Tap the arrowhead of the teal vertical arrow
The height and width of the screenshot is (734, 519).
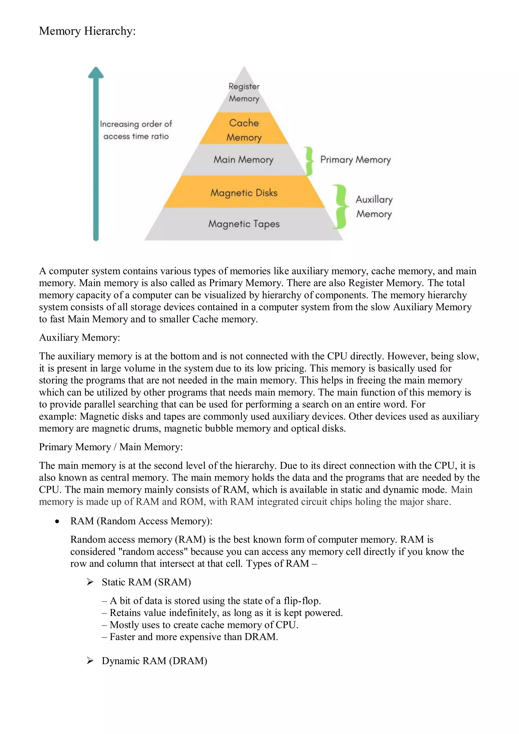point(96,72)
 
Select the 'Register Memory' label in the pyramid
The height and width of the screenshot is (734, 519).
point(244,92)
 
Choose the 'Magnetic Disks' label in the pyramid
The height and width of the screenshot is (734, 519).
point(244,193)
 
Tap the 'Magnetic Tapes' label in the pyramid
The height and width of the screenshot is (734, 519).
point(244,224)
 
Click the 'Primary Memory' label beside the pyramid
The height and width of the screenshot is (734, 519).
point(355,160)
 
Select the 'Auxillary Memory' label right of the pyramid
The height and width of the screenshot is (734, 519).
point(374,206)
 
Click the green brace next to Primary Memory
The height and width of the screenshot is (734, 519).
point(309,161)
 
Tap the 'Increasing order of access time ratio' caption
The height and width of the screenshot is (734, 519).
point(136,130)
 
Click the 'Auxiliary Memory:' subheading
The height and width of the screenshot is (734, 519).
point(79,337)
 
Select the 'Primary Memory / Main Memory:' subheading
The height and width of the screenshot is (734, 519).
point(111,447)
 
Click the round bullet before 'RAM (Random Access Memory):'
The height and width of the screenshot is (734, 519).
point(57,521)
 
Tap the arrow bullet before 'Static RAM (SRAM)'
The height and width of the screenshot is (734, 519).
point(90,582)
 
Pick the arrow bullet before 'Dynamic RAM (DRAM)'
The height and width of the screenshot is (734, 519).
point(90,661)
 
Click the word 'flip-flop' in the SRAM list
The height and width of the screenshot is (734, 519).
point(302,601)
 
